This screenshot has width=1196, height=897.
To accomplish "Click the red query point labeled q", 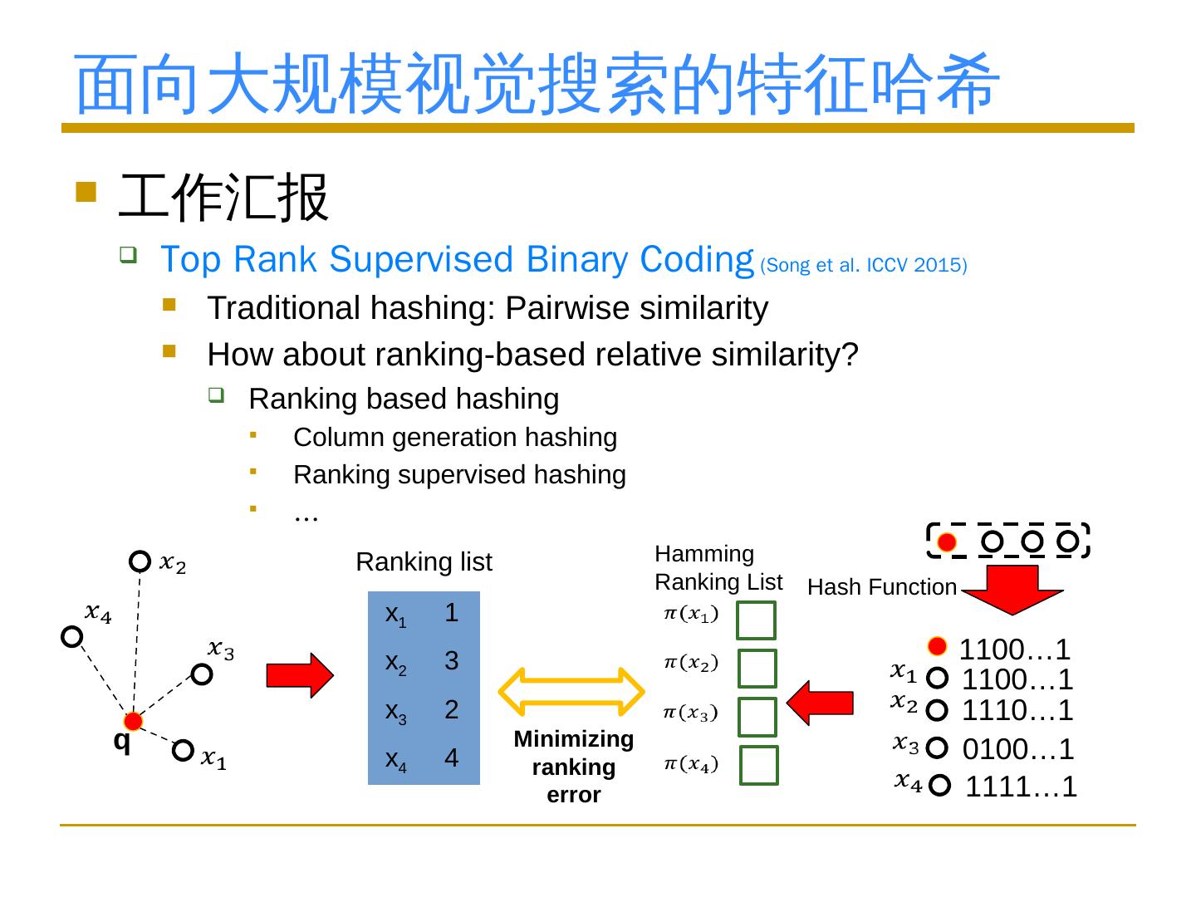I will coord(133,721).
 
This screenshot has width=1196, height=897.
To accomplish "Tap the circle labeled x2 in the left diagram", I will coord(140,561).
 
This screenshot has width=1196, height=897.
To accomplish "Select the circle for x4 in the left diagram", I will coord(72,637).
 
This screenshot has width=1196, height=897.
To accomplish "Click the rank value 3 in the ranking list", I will coord(451,661).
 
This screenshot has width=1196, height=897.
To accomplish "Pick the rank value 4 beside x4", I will coord(451,758).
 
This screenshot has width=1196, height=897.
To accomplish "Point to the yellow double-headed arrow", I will coord(571,691).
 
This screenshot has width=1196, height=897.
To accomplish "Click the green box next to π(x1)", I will coord(756,620).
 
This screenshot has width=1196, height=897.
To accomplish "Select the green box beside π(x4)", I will coord(759,766).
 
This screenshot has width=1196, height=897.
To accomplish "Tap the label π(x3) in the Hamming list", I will coord(691,713).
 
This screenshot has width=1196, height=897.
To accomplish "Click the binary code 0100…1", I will coord(1017,749).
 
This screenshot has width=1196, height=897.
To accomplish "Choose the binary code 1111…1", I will coord(1021,786).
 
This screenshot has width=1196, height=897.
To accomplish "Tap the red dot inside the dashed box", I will coord(946,542).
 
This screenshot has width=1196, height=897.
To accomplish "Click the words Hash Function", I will coord(882,587).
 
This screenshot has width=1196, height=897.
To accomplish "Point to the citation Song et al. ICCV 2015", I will coord(863,266).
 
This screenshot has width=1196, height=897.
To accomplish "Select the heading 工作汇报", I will coord(224,198).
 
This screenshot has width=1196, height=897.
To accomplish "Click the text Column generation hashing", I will coord(455,437).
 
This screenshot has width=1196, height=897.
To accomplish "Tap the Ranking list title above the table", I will coord(424,562).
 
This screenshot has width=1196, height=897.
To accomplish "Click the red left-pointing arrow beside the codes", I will coord(820,703).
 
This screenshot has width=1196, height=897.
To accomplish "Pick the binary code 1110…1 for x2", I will coord(1017,710).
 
